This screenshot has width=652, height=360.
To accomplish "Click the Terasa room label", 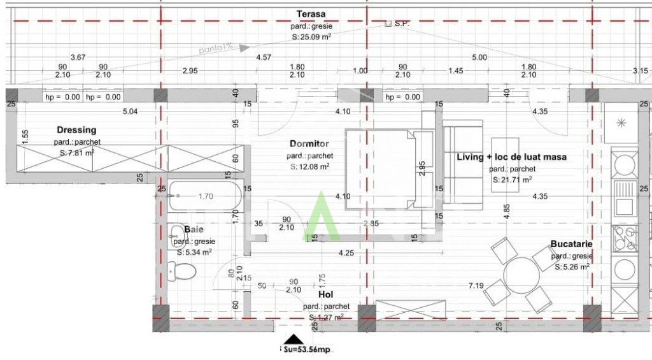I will (311, 14).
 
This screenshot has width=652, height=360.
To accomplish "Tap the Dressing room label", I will (76, 130).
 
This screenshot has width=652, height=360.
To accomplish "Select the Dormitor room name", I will (309, 144).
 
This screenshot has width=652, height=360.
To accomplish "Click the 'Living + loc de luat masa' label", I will (511, 157).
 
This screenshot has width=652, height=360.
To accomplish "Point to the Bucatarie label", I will (571, 244).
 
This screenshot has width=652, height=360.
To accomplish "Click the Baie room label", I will (194, 229).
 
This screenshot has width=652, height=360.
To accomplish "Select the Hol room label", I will (326, 295).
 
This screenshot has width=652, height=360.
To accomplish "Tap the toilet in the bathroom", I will (183, 271).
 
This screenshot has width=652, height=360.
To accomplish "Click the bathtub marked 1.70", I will (205, 196).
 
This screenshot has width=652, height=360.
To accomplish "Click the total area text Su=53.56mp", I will (308, 350).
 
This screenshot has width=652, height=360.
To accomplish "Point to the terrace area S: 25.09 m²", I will (311, 37).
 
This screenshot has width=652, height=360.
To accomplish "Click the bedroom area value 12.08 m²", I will (309, 167).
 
